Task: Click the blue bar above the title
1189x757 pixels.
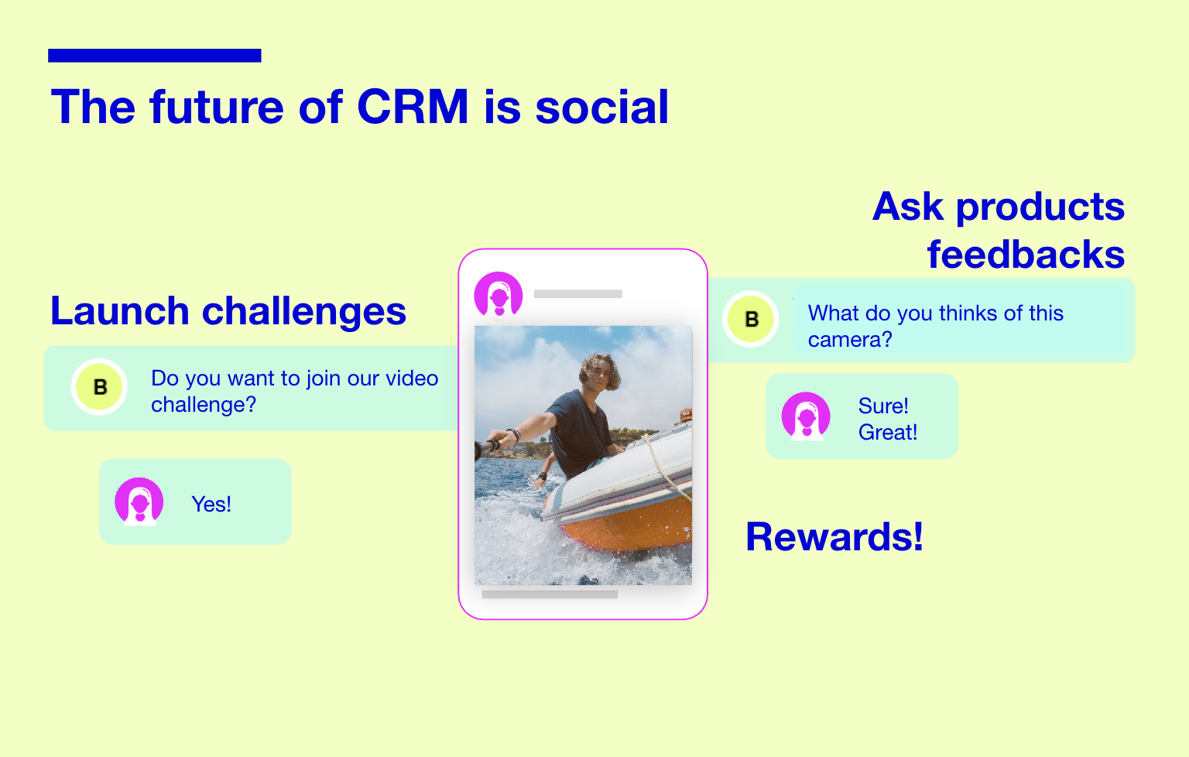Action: pos(155,55)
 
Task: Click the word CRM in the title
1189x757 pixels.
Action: pos(413,107)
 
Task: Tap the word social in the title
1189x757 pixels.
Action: pos(602,107)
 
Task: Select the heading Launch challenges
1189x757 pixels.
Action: pos(228,311)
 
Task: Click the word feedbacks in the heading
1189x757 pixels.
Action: pos(1026,255)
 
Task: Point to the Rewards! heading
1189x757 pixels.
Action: pos(834,536)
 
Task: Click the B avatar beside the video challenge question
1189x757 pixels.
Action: pos(99,387)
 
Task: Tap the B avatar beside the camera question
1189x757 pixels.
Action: pos(751,319)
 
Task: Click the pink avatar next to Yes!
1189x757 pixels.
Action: pos(139,502)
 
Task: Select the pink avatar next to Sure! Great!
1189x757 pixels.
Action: pos(806,416)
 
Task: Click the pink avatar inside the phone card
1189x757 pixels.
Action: pos(499,295)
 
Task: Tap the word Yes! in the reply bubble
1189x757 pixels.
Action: pos(211,505)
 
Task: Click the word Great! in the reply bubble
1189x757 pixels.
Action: pos(888,433)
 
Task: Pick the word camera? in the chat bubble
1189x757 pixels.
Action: pos(850,340)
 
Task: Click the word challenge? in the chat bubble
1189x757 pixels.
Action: pos(204,405)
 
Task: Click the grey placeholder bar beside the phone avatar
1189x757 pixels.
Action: pos(578,294)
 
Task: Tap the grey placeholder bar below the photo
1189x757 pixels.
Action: pos(550,594)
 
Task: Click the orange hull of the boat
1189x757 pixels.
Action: pos(637,526)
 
